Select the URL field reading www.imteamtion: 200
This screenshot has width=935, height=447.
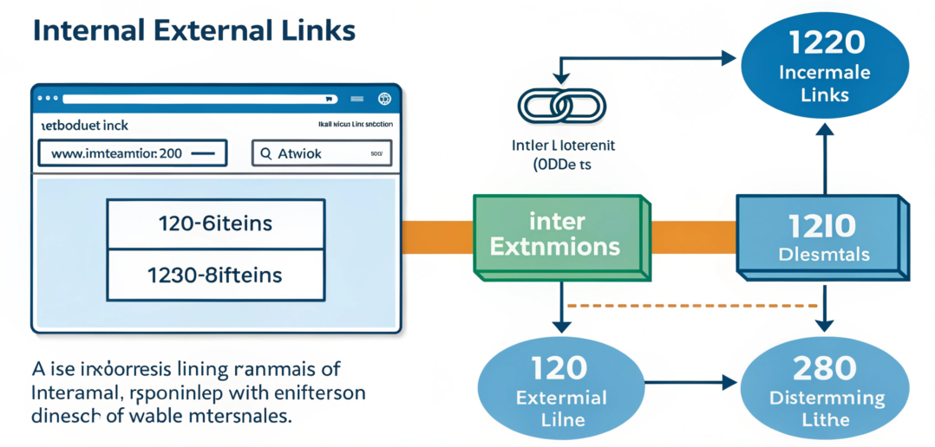tap(132, 154)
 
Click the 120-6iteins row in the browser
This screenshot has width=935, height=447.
tap(215, 223)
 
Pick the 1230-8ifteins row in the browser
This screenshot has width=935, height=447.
tap(215, 275)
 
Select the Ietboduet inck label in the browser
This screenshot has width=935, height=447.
tap(85, 126)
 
